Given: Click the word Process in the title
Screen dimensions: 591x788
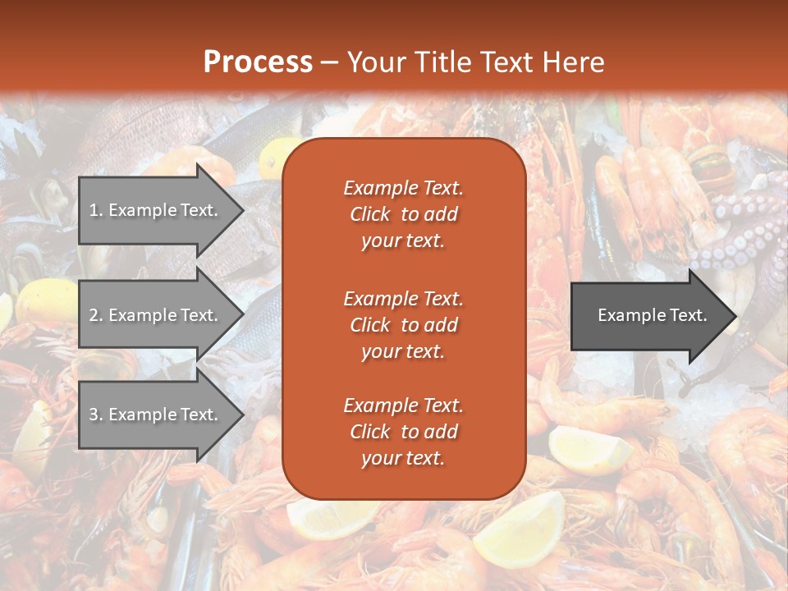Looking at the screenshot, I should pyautogui.click(x=258, y=62).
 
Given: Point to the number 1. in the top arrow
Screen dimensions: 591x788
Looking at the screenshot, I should pyautogui.click(x=95, y=210).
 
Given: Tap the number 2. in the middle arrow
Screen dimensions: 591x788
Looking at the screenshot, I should pyautogui.click(x=95, y=315).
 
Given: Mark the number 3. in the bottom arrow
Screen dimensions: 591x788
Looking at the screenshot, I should pyautogui.click(x=95, y=415).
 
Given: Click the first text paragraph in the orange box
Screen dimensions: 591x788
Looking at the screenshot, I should pyautogui.click(x=403, y=214).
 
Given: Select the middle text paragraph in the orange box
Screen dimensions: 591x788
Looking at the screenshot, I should pyautogui.click(x=403, y=324).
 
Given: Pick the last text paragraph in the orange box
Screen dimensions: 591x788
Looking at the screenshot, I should pyautogui.click(x=403, y=432).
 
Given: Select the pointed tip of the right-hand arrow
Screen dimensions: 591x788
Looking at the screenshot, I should pyautogui.click(x=734, y=316).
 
